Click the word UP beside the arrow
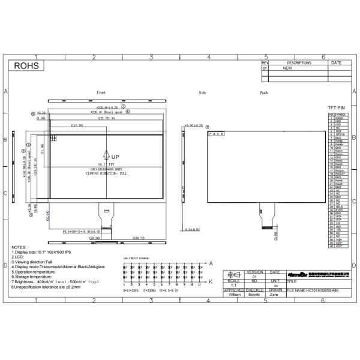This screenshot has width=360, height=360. (115, 157)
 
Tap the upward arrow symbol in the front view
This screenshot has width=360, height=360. (106, 155)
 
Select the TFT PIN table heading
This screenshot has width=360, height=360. (336, 107)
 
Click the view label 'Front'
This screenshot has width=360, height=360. (101, 92)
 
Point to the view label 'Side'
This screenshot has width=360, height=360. (202, 93)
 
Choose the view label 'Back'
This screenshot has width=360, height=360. (264, 93)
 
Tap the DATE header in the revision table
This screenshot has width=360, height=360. (336, 62)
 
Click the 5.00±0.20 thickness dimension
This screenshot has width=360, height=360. (194, 125)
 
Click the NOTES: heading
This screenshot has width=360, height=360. (20, 247)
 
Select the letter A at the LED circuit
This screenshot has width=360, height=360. (211, 263)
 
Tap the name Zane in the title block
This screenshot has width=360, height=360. (274, 295)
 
